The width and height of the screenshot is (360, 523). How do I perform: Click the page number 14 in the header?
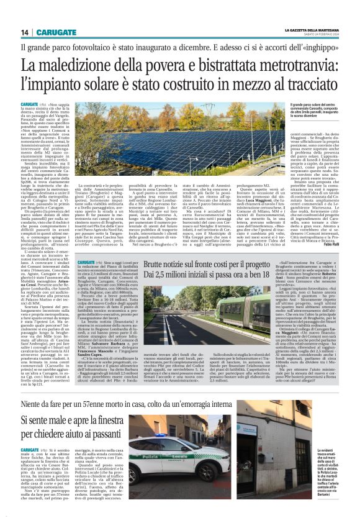[25, 32]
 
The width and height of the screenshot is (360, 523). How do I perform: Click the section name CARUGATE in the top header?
[56, 32]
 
